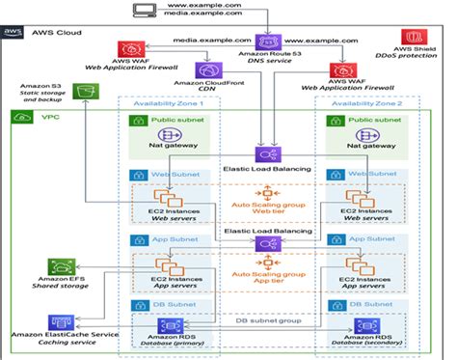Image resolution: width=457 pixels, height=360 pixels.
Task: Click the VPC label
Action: click(46, 118)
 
